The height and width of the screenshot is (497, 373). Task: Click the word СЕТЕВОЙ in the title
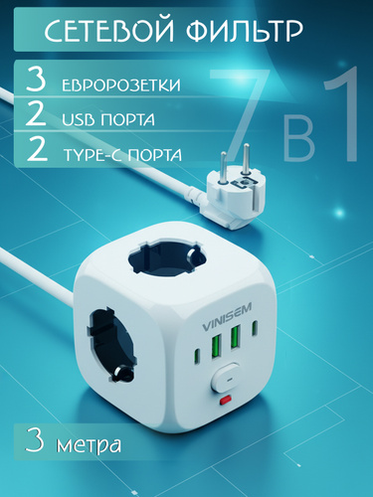(x=109, y=31)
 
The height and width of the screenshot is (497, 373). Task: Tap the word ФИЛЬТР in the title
(x=244, y=31)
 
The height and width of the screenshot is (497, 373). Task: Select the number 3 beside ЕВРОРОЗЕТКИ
(x=36, y=80)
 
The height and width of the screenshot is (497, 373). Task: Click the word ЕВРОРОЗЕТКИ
(x=121, y=85)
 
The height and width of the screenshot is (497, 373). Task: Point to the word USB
(x=79, y=119)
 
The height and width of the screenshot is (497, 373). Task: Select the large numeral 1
(x=341, y=112)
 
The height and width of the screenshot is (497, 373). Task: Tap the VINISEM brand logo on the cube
(x=227, y=317)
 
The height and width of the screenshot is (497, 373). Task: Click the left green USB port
(x=216, y=347)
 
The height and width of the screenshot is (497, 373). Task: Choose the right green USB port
(x=235, y=337)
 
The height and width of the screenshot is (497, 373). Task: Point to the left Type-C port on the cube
(x=196, y=356)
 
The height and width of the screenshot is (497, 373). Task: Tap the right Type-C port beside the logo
(x=255, y=328)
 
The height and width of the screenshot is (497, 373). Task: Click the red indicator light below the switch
(x=226, y=401)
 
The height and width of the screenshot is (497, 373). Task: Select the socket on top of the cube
(x=167, y=257)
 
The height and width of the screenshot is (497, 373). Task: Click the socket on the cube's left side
(x=111, y=345)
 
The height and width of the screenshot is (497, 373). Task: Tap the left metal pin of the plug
(x=224, y=168)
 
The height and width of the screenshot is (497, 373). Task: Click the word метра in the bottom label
(x=89, y=444)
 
